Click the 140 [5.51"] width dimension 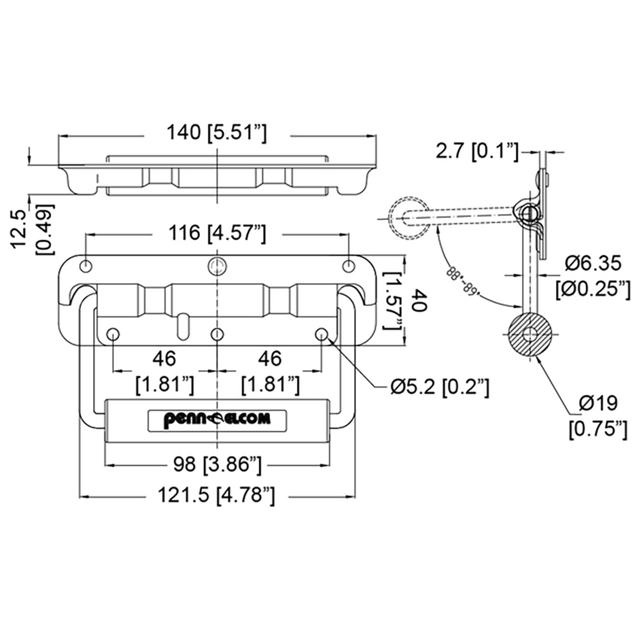pos(217,134)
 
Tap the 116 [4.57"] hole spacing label pos(217,234)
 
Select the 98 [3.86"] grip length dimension pos(217,464)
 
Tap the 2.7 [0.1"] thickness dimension pos(477,152)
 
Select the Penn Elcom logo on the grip pos(217,419)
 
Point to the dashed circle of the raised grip pos(408,217)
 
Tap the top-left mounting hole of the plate pos(86,266)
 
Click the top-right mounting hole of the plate pos(348,266)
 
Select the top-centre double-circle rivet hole pos(217,266)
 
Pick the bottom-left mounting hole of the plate pos(113,334)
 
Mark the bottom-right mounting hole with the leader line pos(322,334)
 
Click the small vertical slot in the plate pos(183,323)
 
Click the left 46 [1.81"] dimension pos(164,372)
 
